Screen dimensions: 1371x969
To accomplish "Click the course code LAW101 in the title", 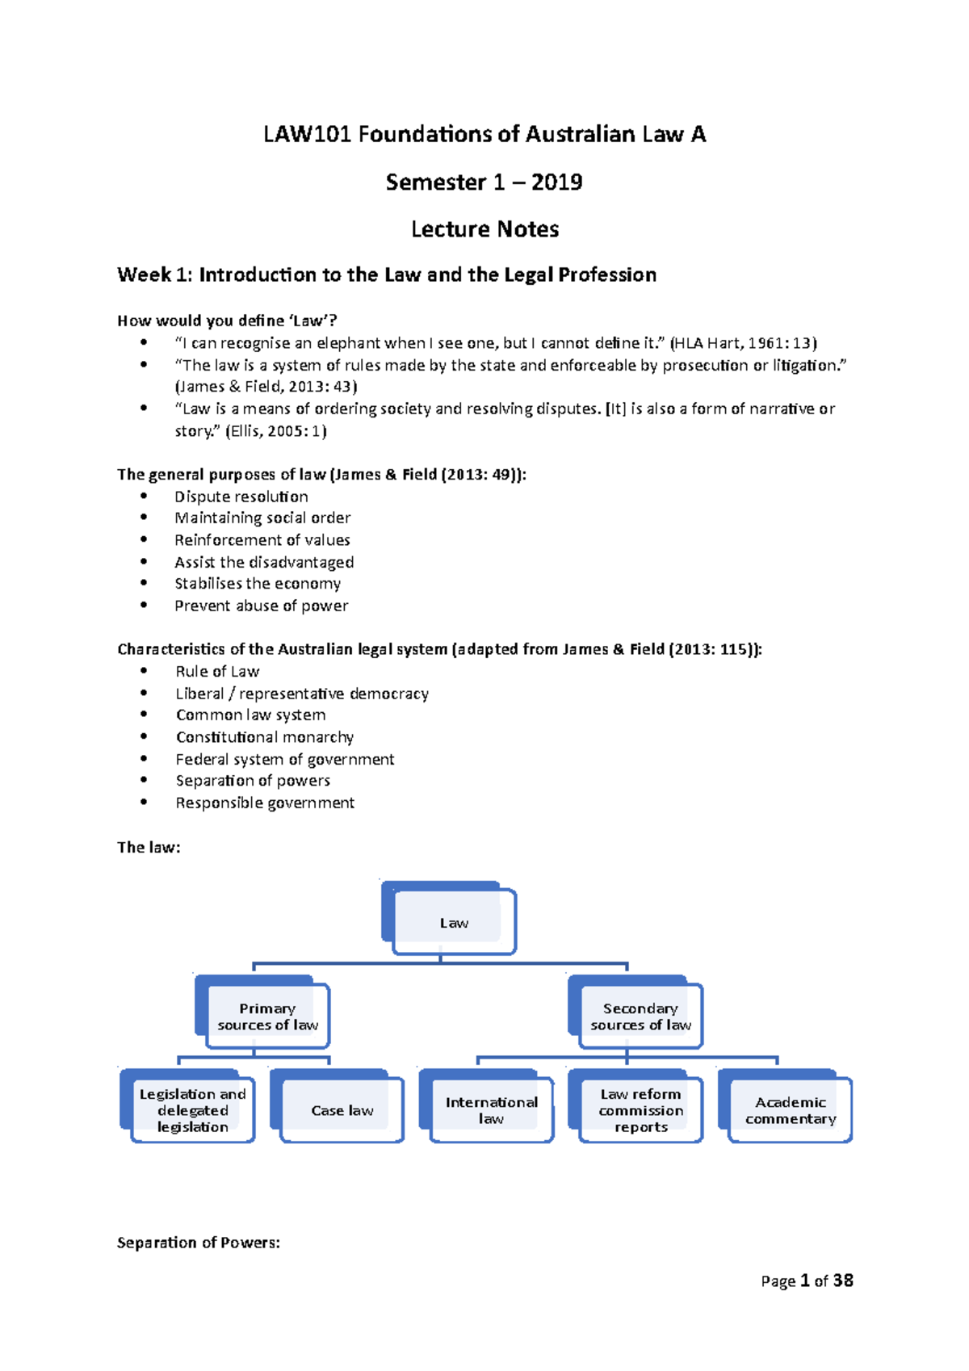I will click(x=307, y=134).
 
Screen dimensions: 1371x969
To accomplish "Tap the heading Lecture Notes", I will click(x=484, y=229).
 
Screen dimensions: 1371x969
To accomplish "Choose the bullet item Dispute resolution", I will click(x=241, y=497).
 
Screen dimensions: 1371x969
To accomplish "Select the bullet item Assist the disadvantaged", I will click(x=264, y=562).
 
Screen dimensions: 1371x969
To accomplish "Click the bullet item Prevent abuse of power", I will click(x=262, y=606).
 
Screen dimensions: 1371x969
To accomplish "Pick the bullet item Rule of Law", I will click(x=217, y=672).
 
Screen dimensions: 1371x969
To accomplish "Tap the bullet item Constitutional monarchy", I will click(x=265, y=737).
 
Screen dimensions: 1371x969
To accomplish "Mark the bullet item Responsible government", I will click(x=265, y=803).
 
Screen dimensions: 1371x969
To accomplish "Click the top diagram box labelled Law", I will click(x=452, y=922).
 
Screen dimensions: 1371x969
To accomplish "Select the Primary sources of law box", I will click(x=266, y=1016).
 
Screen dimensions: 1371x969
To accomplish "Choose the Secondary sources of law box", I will click(x=640, y=1016).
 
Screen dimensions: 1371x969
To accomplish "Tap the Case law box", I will click(x=342, y=1110).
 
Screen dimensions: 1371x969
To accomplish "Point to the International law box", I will click(x=491, y=1110).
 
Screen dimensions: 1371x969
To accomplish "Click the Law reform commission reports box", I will click(x=640, y=1110).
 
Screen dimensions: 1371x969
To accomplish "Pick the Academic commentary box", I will click(x=790, y=1110).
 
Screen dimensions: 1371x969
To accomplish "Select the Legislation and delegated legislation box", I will click(x=192, y=1110).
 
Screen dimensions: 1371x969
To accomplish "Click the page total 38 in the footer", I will click(x=843, y=1281).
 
